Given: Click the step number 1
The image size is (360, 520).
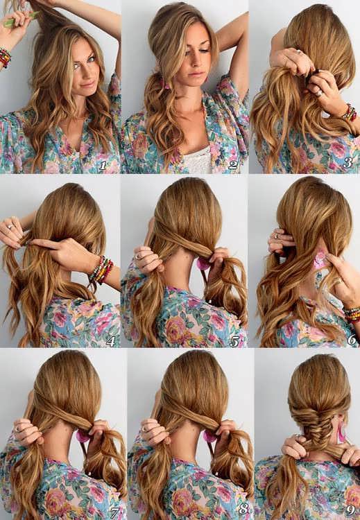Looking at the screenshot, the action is tap(103, 165).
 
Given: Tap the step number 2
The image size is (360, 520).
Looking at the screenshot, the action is tap(233, 164).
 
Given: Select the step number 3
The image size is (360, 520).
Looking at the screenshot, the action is tap(348, 162).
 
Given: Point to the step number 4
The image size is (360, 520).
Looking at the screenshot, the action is tap(110, 341).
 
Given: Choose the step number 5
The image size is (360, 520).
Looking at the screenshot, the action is tap(234, 342).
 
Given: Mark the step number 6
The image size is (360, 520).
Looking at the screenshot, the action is tap(352, 339).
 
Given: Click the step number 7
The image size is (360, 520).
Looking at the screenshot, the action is tap(115, 513).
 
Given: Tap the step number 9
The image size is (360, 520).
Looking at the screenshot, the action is tap(351, 510).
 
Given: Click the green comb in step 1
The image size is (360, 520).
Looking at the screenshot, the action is tap(21, 19).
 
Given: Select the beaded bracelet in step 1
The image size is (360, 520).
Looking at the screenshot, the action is tap(5, 58).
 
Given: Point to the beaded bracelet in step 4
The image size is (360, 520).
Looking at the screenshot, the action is tap(101, 270).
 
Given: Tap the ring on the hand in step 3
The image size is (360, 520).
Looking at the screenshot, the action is tap(318, 94).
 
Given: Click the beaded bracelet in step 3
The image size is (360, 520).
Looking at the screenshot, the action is tap(350, 113).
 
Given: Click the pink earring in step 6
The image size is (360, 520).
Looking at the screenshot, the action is tap(320, 260).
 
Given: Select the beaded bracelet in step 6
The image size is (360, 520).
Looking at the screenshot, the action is tap(352, 314).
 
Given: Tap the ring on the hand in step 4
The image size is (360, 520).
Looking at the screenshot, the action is tap(10, 227).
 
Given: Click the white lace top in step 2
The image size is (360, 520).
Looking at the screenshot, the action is tap(198, 160).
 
